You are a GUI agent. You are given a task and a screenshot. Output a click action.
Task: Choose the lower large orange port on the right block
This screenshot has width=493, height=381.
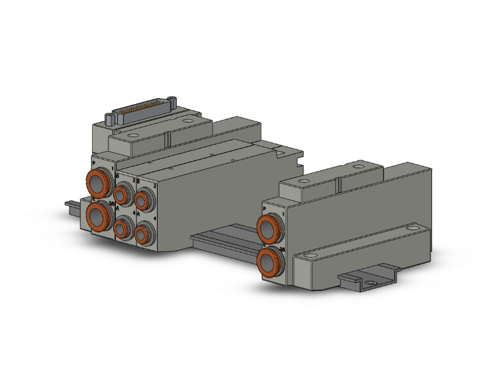(x=270, y=262)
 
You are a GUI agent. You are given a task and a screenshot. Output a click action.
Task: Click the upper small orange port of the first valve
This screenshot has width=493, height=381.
(x=122, y=195)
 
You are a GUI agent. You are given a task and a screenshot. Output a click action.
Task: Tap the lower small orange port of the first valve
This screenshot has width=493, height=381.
(x=121, y=229)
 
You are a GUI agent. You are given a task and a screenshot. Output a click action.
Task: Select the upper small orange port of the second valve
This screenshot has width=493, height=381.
(x=143, y=199)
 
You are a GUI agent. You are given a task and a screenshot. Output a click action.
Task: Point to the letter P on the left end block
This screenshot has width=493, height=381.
(x=93, y=162)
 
